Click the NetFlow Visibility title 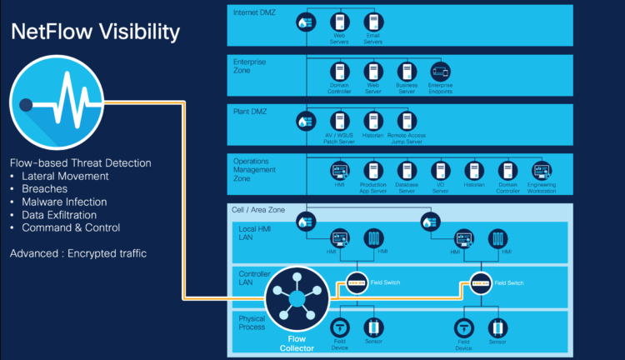click(x=94, y=32)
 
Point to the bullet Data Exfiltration click(x=64, y=214)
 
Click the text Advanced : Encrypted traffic click(x=78, y=252)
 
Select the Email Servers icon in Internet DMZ click(x=373, y=22)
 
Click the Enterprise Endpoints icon click(x=440, y=72)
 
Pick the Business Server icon click(x=407, y=72)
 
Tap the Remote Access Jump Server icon click(x=407, y=122)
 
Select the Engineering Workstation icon click(x=542, y=171)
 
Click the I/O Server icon click(x=441, y=171)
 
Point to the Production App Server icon click(x=372, y=171)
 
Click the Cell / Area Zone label click(x=257, y=210)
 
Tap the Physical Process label click(x=252, y=323)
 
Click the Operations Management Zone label click(x=257, y=169)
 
